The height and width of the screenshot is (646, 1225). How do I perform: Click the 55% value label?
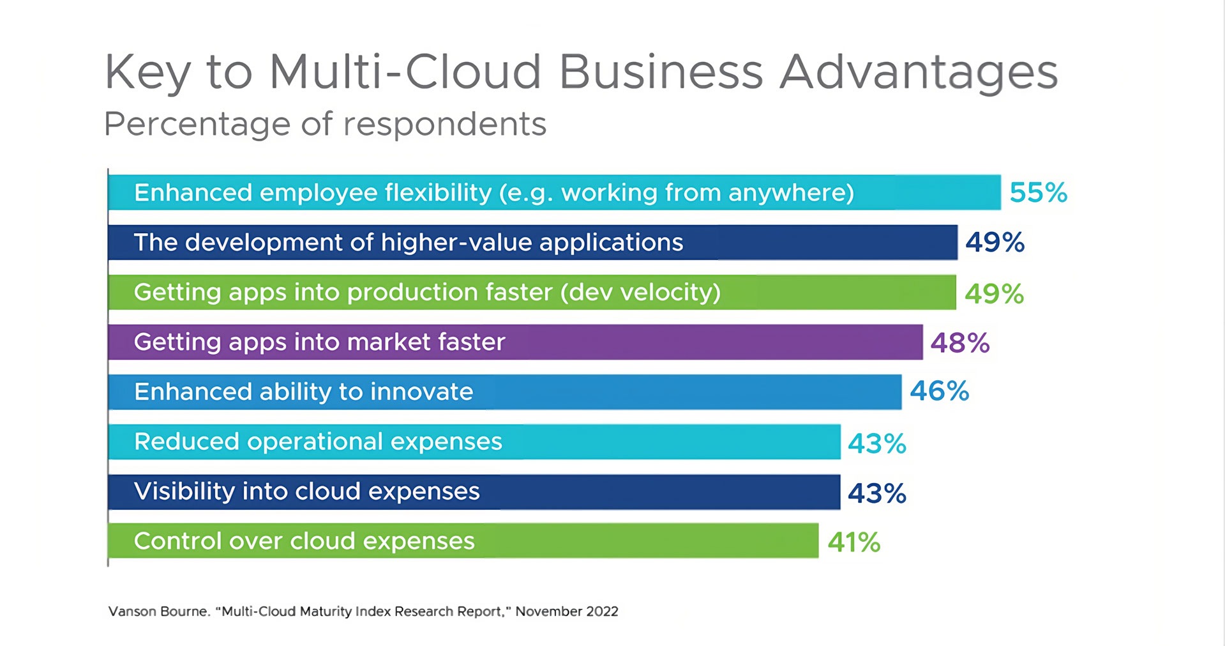coord(1038,192)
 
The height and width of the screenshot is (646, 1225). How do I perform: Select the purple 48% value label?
coord(959,343)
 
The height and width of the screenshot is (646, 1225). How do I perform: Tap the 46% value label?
coord(939,391)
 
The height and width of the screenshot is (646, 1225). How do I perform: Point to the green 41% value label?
coord(853,542)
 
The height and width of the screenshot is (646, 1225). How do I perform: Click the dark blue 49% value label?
coord(995,242)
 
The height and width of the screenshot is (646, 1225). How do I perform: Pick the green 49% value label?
coord(994,294)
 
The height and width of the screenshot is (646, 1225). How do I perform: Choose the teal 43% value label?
coord(876,443)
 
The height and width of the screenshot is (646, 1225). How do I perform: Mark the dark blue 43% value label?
coord(876,493)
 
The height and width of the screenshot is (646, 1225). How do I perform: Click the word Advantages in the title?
coord(919,72)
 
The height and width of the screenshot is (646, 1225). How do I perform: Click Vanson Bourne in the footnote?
coord(158,611)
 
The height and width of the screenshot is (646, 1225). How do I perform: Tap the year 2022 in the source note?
coord(602,611)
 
